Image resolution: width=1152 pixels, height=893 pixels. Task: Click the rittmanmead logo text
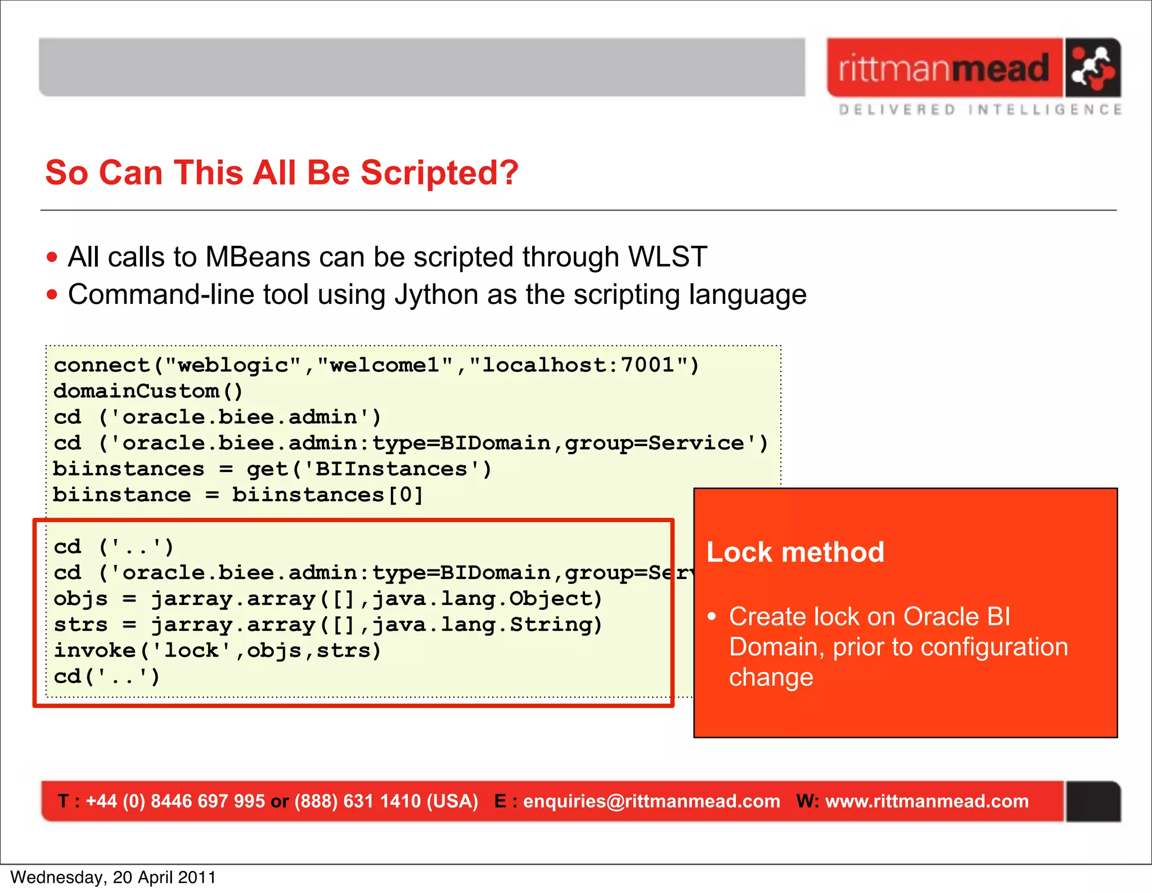point(944,69)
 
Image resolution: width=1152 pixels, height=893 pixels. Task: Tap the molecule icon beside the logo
point(1092,68)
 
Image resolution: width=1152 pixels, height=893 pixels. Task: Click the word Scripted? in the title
point(439,172)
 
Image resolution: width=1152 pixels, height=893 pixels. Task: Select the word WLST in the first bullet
point(667,257)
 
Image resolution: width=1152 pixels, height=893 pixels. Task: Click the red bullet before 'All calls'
point(52,258)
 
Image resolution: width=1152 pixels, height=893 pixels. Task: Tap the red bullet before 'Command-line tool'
point(52,295)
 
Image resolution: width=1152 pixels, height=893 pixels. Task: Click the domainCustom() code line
point(148,391)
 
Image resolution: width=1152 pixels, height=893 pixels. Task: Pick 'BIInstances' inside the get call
point(391,469)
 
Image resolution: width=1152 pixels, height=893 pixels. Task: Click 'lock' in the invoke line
point(192,650)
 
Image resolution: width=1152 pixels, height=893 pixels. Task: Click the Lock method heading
point(795,552)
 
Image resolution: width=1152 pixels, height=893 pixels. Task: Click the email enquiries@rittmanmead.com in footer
point(651,801)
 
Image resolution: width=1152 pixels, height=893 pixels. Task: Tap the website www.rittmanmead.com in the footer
point(926,801)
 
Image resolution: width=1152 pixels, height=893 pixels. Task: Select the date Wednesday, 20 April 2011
point(113,877)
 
